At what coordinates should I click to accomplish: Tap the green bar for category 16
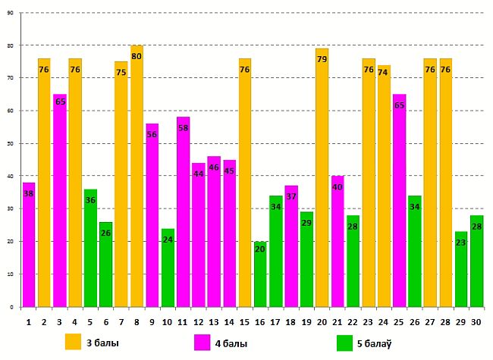(x=260, y=274)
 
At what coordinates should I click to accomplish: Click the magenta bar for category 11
(x=183, y=211)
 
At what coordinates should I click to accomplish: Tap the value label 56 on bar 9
(x=152, y=134)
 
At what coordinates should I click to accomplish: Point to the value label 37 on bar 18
(x=291, y=196)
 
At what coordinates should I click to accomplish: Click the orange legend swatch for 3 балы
(x=74, y=342)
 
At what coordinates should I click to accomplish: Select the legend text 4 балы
(x=231, y=343)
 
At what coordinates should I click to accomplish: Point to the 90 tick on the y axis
(x=11, y=13)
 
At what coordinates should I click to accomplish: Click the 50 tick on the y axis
(x=11, y=143)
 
